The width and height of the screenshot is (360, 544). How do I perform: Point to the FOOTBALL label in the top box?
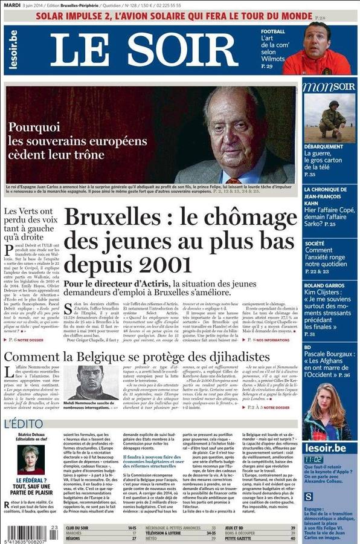pos(273,31)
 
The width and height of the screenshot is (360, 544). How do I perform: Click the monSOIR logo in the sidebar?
pos(329,86)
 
